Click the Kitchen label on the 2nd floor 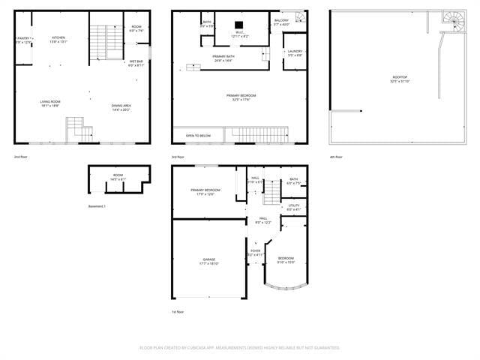click(x=58, y=38)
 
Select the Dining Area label click(x=121, y=106)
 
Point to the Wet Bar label click(x=136, y=61)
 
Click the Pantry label click(x=24, y=38)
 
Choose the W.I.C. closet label click(x=240, y=32)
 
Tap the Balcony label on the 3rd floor click(x=281, y=21)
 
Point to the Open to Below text click(x=198, y=136)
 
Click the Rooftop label click(x=379, y=78)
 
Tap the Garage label click(x=208, y=259)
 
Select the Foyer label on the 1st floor click(x=256, y=251)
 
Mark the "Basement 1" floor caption click(x=97, y=205)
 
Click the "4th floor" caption click(x=335, y=157)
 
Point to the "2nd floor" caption click(x=20, y=157)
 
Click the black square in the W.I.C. click(x=240, y=22)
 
